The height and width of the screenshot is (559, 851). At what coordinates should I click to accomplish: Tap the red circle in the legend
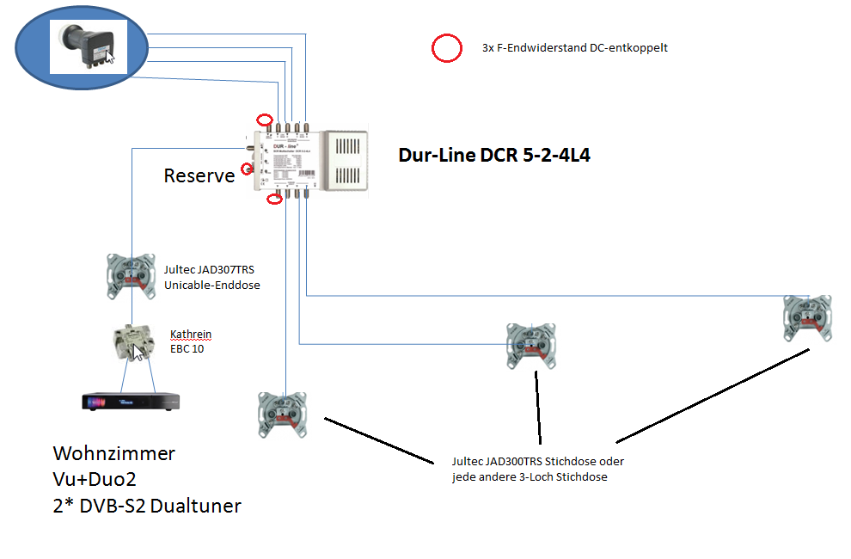447,49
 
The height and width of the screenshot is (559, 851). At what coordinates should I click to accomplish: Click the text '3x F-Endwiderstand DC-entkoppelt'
574,48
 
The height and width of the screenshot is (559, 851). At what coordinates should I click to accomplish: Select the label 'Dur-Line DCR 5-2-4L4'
493,157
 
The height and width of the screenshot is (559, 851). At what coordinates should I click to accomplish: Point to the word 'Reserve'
199,176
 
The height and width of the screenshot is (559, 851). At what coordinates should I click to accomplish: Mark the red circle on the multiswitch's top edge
266,120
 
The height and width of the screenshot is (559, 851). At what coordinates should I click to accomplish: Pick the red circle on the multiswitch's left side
248,169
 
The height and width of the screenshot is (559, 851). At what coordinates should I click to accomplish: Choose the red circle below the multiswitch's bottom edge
275,200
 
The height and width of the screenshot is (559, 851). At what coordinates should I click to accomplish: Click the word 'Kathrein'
190,335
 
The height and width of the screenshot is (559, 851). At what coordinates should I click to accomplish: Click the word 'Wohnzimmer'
113,453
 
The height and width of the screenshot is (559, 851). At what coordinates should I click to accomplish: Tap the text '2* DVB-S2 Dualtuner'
147,506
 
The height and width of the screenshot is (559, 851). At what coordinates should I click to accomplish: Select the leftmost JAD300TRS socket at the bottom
282,415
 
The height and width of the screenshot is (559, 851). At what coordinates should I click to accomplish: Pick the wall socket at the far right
806,316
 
